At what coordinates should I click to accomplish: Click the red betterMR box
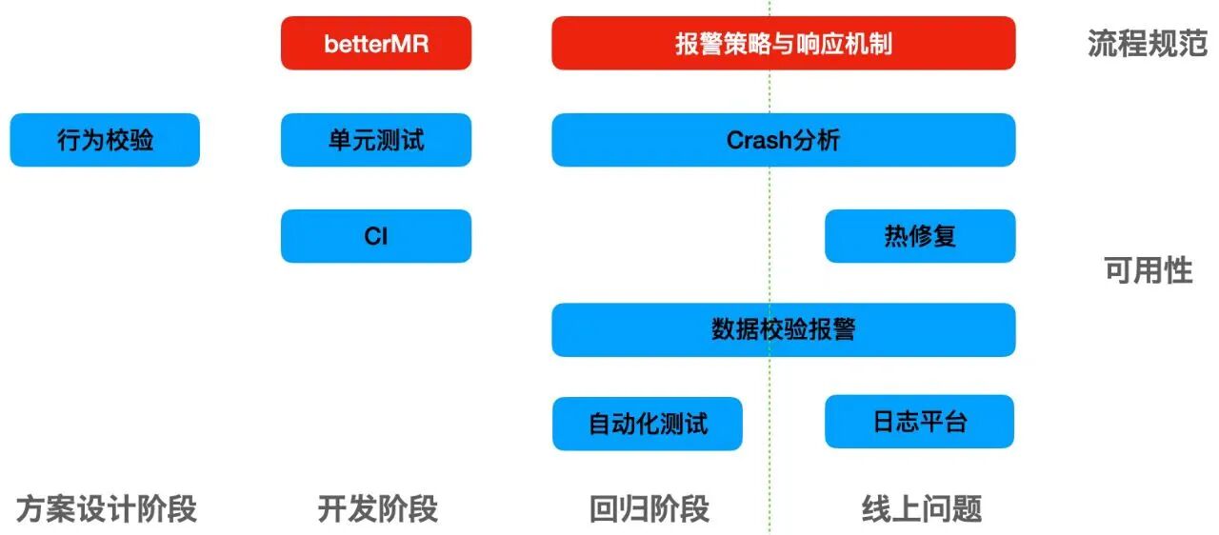[x=376, y=43]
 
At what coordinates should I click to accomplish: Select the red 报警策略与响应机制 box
[x=783, y=43]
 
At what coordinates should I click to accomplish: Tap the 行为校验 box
[x=105, y=140]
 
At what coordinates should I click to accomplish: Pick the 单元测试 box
[x=376, y=140]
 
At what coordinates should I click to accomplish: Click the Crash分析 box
[x=783, y=140]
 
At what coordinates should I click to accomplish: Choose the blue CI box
[x=376, y=235]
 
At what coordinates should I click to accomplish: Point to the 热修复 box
[x=920, y=235]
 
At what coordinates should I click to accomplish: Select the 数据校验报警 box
[x=783, y=329]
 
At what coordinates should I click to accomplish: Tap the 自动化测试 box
[x=648, y=424]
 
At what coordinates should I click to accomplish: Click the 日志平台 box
[x=920, y=422]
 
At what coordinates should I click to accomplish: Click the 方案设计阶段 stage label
[x=106, y=508]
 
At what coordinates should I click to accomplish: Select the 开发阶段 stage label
[x=377, y=508]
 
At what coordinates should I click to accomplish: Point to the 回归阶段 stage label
[x=649, y=508]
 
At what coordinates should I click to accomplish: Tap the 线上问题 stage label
[x=921, y=508]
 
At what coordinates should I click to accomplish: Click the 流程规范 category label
[x=1147, y=44]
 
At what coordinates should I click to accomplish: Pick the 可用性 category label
[x=1148, y=270]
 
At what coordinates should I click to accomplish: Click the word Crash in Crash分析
[x=759, y=140]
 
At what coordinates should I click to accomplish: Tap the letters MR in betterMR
[x=411, y=44]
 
